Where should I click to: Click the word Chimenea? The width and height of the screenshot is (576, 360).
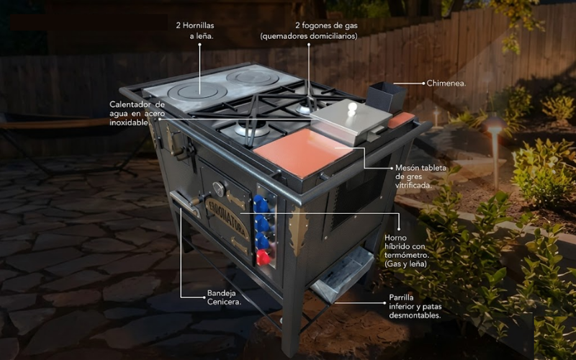[x=446, y=84]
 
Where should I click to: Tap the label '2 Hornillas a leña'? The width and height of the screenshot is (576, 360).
[x=195, y=31]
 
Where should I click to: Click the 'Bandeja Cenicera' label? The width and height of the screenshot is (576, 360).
[x=224, y=297]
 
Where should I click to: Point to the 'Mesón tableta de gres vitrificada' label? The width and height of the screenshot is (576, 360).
[x=420, y=176]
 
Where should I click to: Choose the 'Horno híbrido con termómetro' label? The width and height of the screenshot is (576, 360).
[x=407, y=251]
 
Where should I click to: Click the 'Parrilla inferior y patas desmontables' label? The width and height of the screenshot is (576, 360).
[x=415, y=306]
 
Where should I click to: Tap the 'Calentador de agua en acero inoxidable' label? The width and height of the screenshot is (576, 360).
[x=137, y=114]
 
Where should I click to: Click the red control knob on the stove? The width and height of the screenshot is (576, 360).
[x=263, y=257]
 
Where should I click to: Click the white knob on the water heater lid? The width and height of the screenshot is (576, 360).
[x=352, y=107]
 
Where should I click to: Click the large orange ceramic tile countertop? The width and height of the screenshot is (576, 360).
[x=303, y=153]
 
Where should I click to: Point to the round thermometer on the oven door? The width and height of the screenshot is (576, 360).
[x=219, y=189]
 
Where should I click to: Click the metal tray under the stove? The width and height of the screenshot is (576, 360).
[x=341, y=274]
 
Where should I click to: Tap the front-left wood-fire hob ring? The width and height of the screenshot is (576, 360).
[x=197, y=92]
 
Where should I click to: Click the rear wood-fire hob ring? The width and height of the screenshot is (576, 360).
[x=253, y=78]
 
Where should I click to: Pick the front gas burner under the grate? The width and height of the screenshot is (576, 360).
[x=252, y=130]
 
